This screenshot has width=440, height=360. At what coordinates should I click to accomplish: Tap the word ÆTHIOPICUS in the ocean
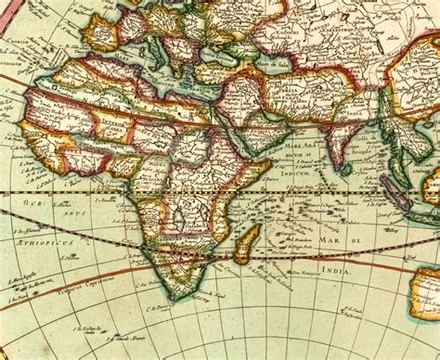pyautogui.click(x=44, y=241)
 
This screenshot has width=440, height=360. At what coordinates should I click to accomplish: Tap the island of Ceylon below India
pyautogui.click(x=347, y=169)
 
